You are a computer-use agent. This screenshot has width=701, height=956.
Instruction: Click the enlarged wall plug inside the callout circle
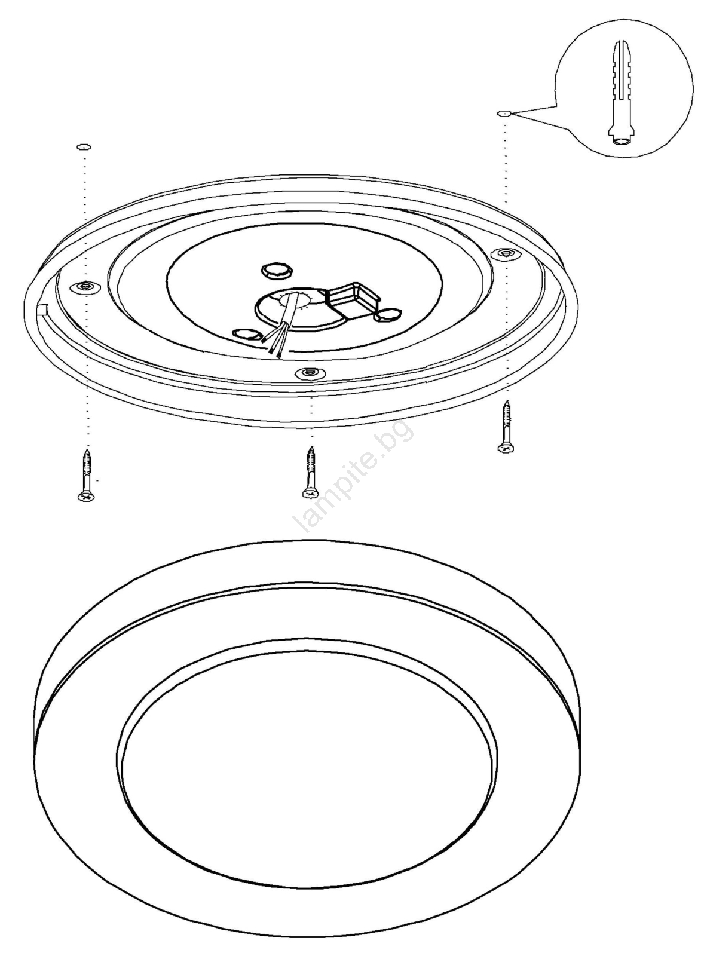(621, 93)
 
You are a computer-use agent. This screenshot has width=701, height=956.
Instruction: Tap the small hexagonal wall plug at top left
(84, 147)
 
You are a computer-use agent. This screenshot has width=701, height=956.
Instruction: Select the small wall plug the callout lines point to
(504, 113)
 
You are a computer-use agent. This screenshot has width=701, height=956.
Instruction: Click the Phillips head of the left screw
(86, 497)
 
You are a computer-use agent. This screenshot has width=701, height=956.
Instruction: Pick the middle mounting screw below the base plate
(310, 472)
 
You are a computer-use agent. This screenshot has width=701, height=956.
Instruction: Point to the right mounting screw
(506, 426)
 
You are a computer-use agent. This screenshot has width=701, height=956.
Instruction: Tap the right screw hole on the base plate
(506, 253)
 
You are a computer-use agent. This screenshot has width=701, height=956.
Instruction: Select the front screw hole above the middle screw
(310, 373)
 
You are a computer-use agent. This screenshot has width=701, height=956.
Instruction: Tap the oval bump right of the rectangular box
(388, 315)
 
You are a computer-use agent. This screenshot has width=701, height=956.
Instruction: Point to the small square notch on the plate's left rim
(42, 309)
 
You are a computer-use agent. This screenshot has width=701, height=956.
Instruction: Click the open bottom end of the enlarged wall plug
(621, 141)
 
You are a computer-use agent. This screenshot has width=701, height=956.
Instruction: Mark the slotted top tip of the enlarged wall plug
(621, 43)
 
